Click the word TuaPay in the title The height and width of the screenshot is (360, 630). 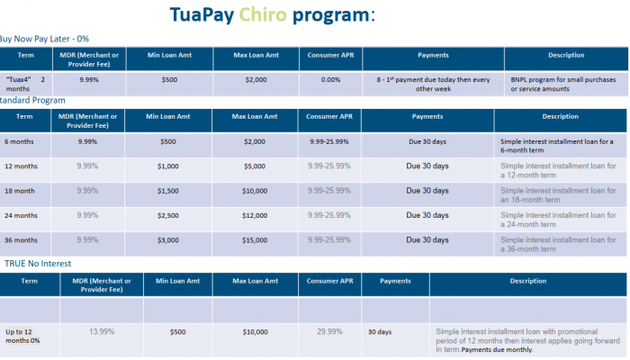click(202, 16)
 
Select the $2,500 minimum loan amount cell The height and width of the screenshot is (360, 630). click(169, 216)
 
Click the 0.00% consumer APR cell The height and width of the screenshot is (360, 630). click(330, 79)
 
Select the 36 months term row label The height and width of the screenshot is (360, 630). click(22, 240)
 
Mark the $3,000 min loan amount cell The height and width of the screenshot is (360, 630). click(169, 240)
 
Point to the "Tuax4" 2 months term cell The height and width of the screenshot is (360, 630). click(25, 85)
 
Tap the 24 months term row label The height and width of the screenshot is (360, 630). click(22, 216)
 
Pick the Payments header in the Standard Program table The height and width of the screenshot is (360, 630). click(427, 117)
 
